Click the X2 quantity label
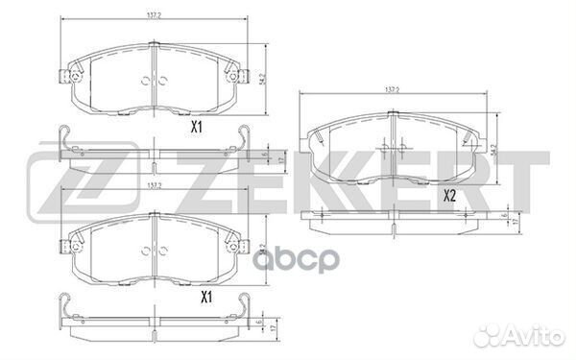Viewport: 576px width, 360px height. (449, 195)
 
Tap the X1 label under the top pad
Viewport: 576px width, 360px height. (198, 125)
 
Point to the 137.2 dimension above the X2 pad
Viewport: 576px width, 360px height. (393, 89)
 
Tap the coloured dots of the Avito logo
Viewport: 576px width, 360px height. (502, 336)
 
